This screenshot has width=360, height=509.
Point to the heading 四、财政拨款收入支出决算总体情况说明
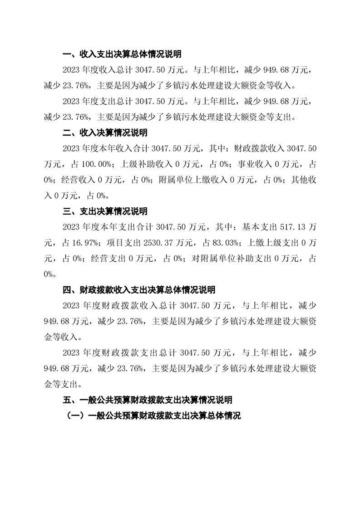coord(139,290)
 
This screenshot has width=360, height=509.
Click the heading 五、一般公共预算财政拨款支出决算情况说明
coord(148,400)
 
